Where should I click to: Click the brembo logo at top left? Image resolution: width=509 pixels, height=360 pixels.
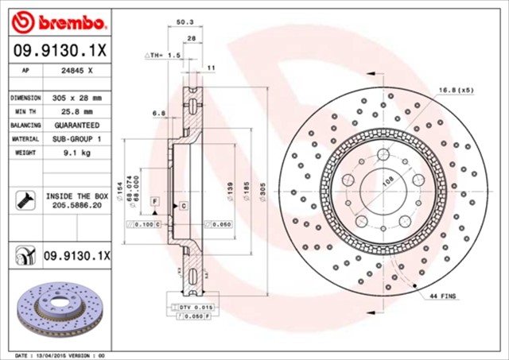(x=60, y=18)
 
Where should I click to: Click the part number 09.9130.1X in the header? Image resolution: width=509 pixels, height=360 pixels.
(x=60, y=50)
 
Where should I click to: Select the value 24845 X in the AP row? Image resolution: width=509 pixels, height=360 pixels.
(x=78, y=72)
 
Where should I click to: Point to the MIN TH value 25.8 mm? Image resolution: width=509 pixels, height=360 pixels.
(x=78, y=111)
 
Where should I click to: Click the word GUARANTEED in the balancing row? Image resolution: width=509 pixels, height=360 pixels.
(x=78, y=126)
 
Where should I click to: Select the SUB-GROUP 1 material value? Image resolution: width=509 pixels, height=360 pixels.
(x=78, y=139)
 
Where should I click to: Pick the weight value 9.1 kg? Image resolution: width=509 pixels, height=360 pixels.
(x=78, y=153)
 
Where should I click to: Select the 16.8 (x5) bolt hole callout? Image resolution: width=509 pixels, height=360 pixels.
(x=456, y=90)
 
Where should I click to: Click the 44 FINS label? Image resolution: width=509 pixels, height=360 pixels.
(x=444, y=296)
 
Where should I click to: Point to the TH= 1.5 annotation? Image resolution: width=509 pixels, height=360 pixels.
(x=163, y=56)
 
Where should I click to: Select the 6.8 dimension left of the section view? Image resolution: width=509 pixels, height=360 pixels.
(x=158, y=114)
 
